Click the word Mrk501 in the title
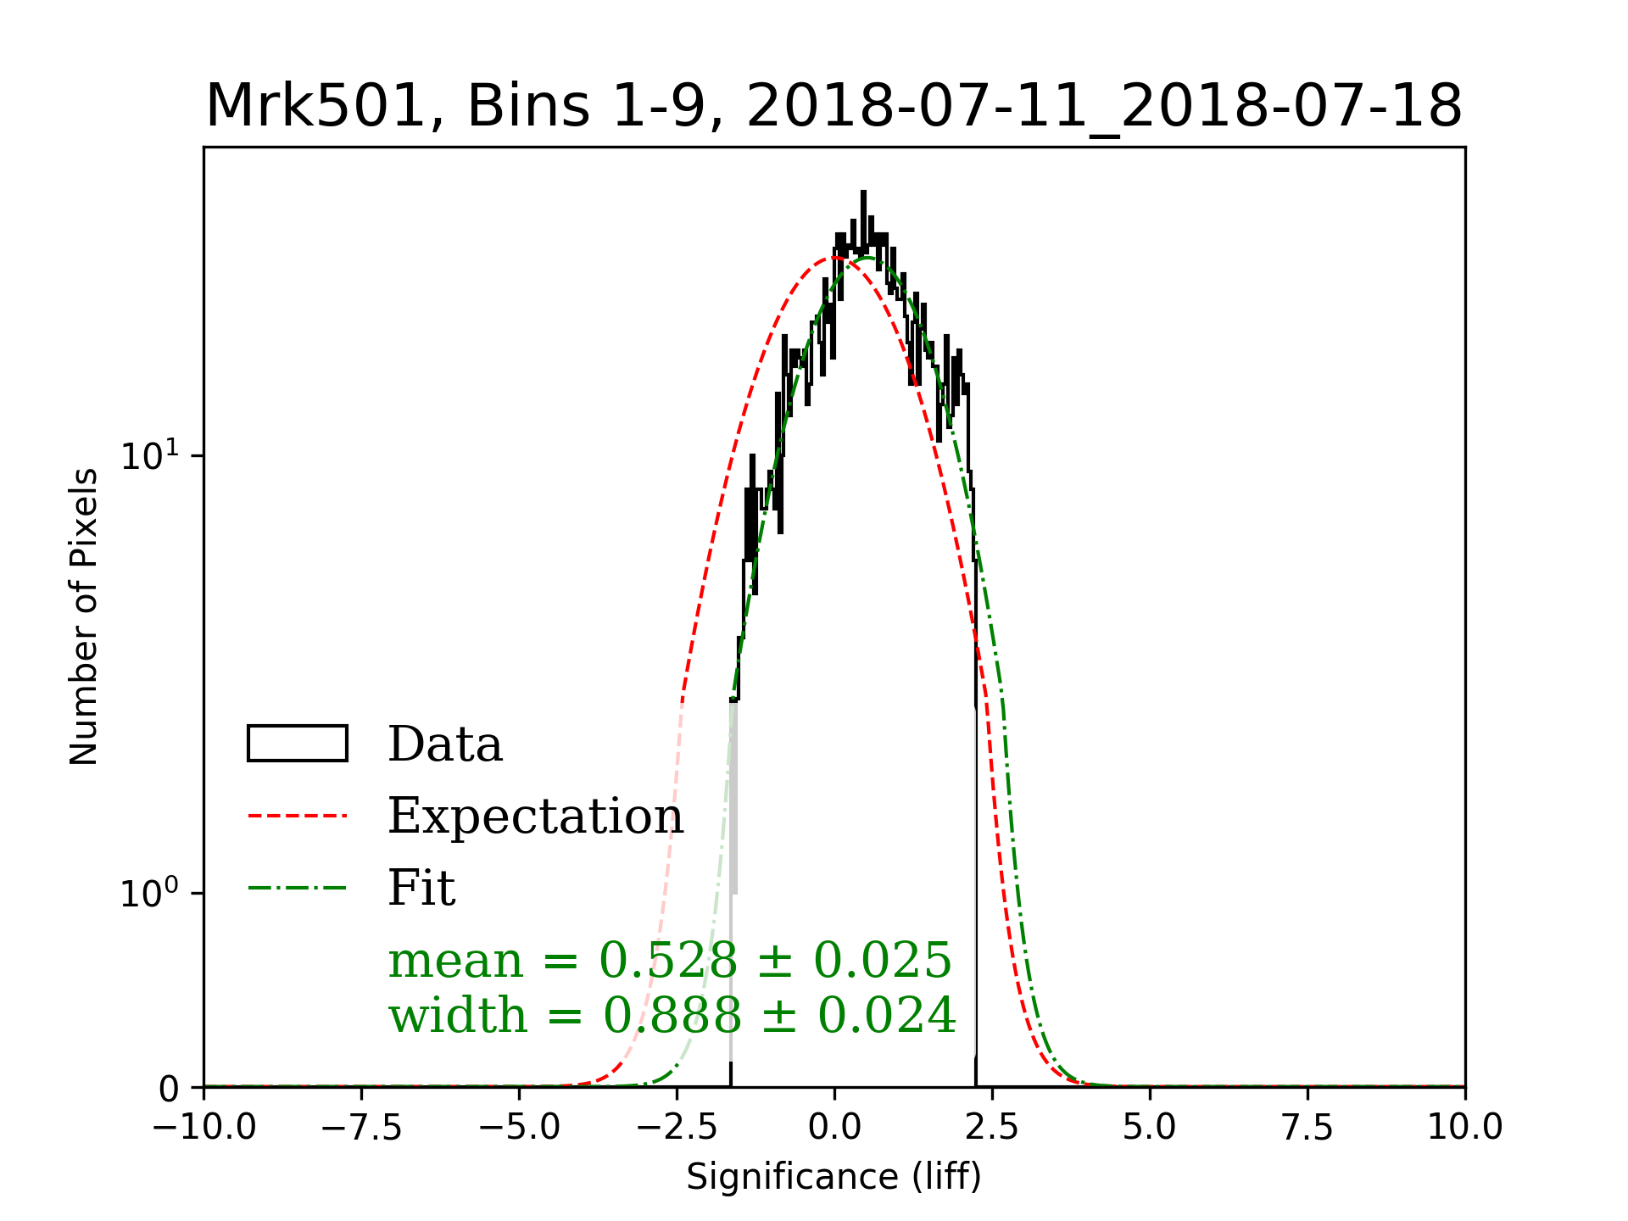pos(314,107)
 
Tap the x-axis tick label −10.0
pos(204,1129)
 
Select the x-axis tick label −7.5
pos(362,1129)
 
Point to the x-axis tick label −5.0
pos(520,1129)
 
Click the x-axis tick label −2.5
pos(677,1129)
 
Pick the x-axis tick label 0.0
pos(834,1129)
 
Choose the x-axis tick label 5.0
pos(1150,1129)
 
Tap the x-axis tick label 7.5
pos(1307,1129)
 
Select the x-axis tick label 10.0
pos(1465,1129)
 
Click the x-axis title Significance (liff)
pos(834,1177)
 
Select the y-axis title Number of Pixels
pos(84,616)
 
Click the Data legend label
pos(445,744)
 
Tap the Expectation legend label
pos(535,817)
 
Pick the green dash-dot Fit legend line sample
pos(298,889)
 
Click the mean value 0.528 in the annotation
pos(668,961)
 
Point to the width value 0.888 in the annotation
pos(672,1015)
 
